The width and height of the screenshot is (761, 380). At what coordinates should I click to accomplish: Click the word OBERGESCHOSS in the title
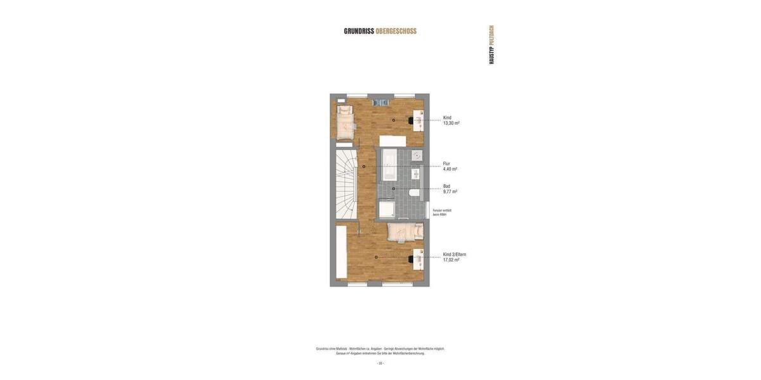(x=396, y=31)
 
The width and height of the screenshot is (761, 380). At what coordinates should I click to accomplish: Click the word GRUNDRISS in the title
(x=359, y=31)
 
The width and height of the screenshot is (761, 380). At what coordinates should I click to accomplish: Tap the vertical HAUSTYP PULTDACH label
(x=491, y=44)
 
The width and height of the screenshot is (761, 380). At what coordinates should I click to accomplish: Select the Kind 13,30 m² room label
(x=451, y=120)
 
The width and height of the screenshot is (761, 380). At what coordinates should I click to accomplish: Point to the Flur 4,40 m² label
(x=450, y=167)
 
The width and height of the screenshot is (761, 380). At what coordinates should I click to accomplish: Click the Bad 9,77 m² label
(x=450, y=189)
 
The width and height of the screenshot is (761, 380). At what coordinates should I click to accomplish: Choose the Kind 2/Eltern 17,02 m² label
(x=454, y=257)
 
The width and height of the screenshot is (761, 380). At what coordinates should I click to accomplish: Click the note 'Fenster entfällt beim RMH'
(x=442, y=213)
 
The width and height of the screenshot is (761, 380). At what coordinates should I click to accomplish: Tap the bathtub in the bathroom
(x=389, y=165)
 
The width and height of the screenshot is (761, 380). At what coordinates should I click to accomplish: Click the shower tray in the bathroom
(x=387, y=209)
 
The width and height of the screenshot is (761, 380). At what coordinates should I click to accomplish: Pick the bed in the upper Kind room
(x=344, y=122)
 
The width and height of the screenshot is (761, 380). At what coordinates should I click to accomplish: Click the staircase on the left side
(x=346, y=184)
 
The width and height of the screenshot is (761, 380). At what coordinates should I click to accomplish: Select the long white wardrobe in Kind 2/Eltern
(x=341, y=252)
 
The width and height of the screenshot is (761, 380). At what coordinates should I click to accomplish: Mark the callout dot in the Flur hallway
(x=363, y=167)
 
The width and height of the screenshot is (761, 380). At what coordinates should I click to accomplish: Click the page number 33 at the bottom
(x=380, y=364)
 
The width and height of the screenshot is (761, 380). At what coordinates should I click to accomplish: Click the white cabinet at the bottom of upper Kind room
(x=393, y=141)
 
